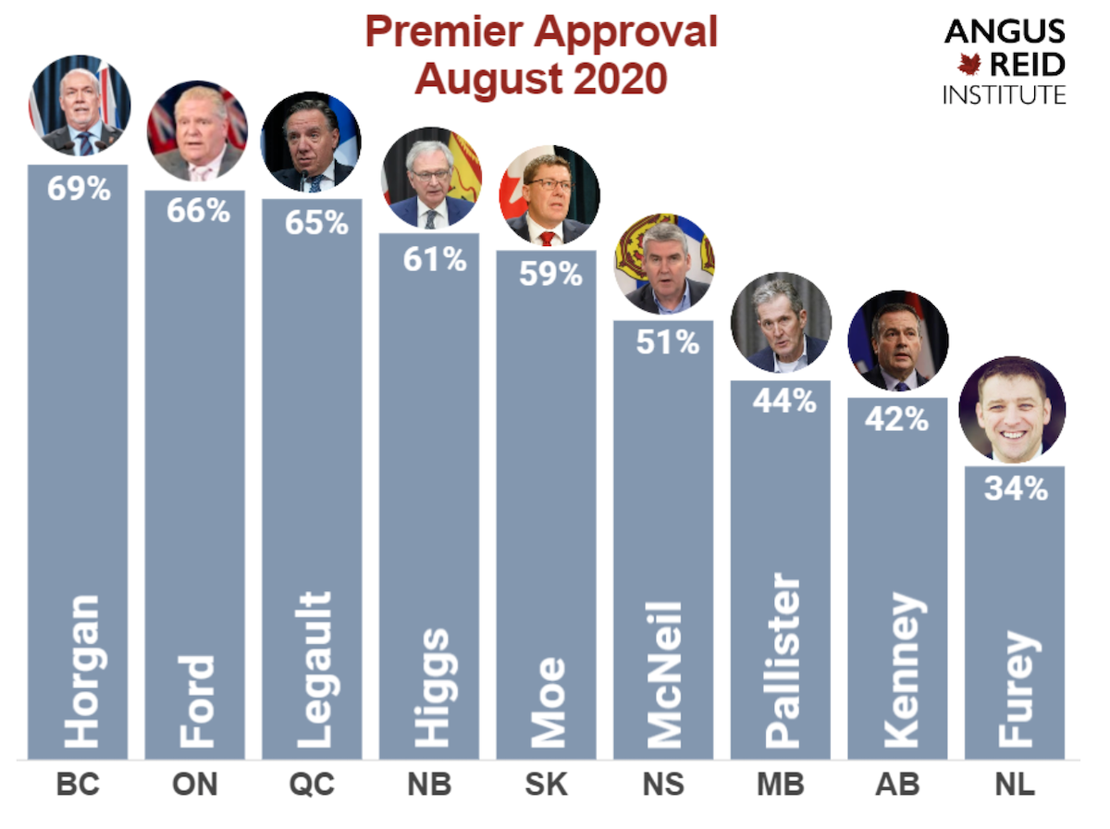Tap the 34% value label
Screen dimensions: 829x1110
1015,488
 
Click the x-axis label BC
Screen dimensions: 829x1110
78,786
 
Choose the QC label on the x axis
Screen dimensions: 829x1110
313,786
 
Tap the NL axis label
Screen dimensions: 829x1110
1015,786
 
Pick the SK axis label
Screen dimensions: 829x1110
547,786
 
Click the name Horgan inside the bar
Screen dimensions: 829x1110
81,671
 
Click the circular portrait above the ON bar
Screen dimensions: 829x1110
197,130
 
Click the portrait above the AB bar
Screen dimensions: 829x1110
898,340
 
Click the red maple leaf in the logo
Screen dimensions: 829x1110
968,64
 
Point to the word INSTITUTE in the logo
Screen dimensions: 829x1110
1005,93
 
